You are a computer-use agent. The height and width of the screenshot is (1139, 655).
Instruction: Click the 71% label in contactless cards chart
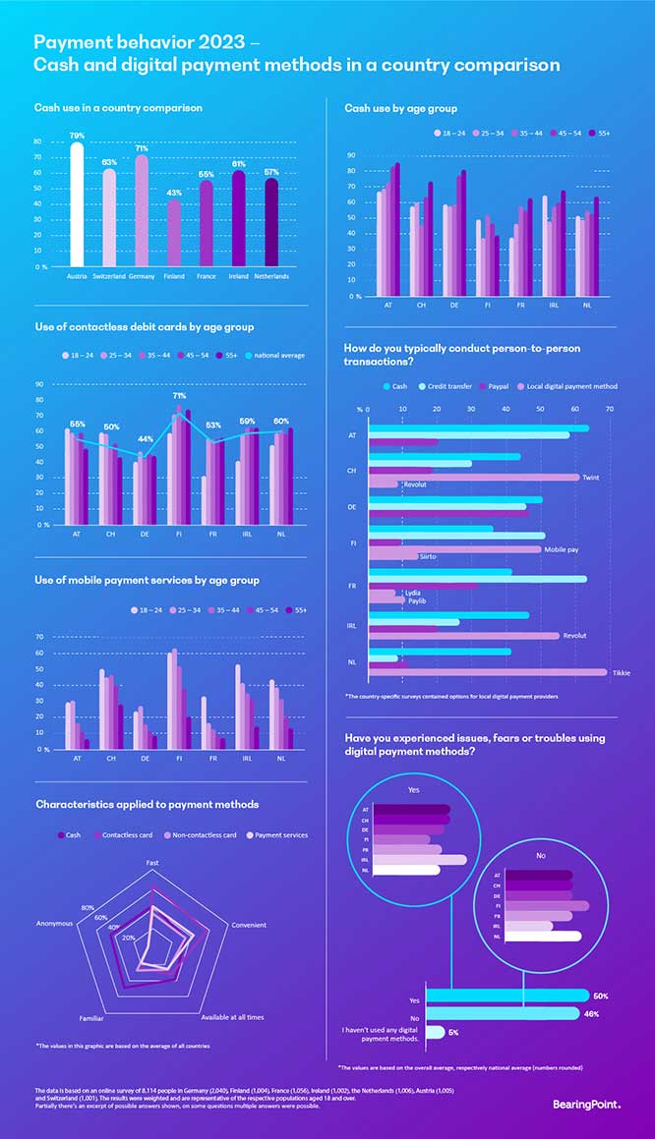pos(180,396)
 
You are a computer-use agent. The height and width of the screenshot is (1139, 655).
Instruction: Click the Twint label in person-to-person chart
pos(591,477)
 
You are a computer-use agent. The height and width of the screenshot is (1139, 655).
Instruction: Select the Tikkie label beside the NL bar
pos(621,672)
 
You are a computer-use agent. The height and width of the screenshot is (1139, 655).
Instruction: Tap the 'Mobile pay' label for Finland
pos(561,549)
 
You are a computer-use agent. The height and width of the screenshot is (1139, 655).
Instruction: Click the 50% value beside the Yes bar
pos(601,996)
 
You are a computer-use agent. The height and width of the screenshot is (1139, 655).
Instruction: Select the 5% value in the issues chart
pos(452,1032)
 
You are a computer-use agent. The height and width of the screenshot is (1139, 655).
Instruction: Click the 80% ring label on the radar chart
pos(88,907)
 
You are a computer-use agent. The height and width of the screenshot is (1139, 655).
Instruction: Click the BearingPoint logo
pos(587,1105)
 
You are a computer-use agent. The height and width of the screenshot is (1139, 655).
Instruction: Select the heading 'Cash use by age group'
pos(400,107)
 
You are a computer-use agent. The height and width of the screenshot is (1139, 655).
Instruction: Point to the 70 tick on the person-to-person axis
pos(610,410)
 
